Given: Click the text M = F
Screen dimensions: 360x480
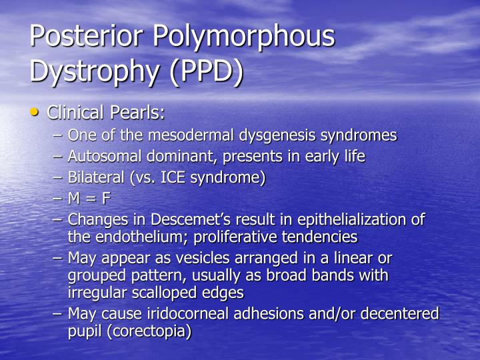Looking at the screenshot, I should point(89,199).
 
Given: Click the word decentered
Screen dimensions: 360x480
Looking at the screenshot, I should point(399,313).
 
